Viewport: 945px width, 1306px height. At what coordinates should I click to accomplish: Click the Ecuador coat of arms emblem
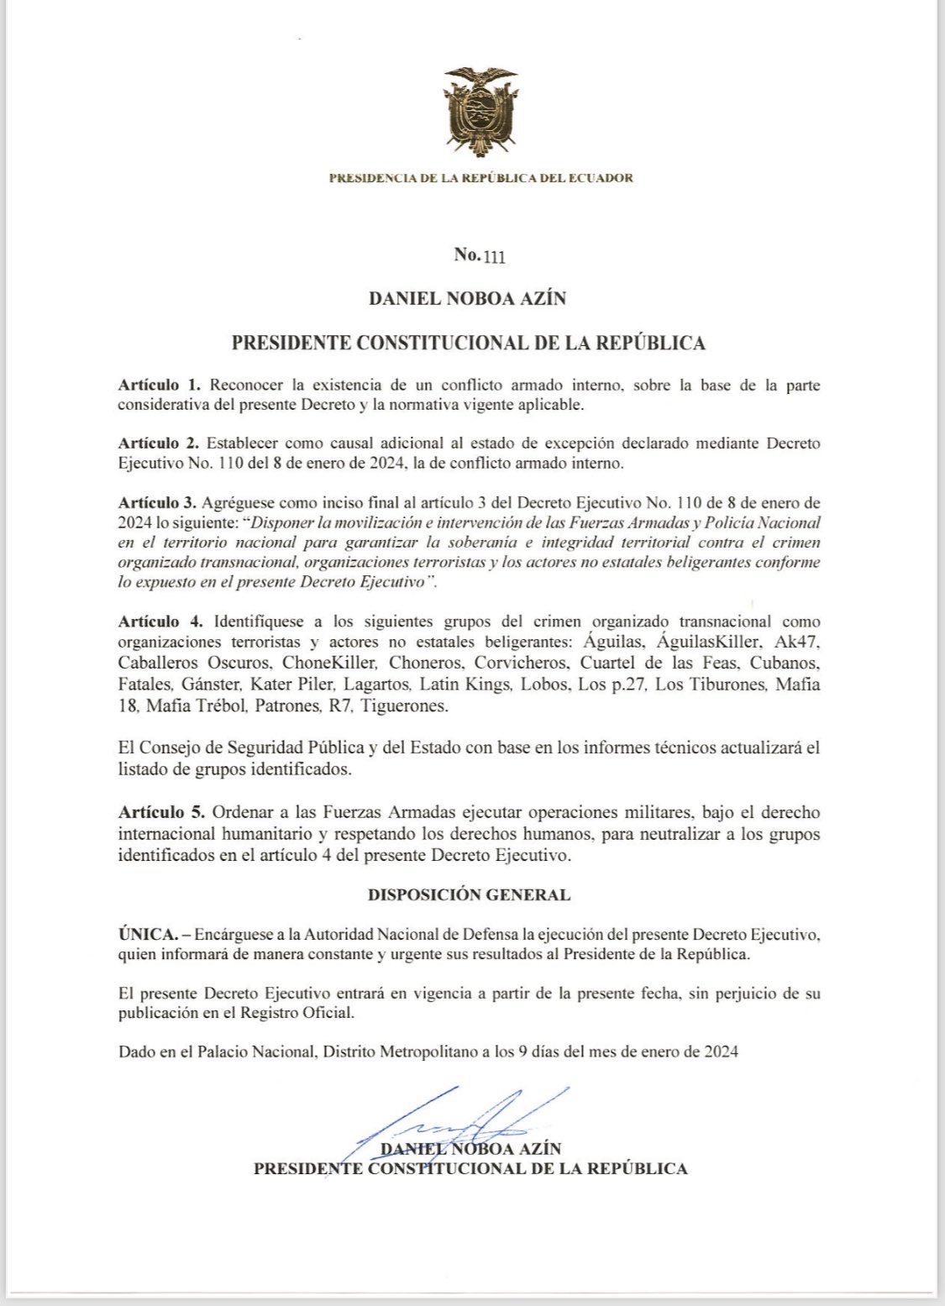click(x=480, y=111)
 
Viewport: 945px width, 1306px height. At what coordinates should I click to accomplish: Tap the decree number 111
click(x=493, y=256)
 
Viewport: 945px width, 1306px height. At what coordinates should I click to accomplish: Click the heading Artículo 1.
click(x=159, y=386)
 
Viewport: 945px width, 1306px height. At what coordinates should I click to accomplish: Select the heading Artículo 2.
click(x=158, y=443)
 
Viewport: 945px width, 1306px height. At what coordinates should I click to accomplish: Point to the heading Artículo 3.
click(x=157, y=503)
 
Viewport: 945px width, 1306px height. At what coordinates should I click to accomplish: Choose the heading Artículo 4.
click(x=160, y=622)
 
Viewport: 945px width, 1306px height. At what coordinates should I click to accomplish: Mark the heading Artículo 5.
click(x=160, y=812)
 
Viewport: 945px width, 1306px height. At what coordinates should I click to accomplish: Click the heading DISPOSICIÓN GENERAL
click(x=469, y=894)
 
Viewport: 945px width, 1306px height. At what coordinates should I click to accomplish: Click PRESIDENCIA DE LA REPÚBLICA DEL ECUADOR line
click(x=480, y=178)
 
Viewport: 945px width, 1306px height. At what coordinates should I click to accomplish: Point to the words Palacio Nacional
click(x=256, y=1052)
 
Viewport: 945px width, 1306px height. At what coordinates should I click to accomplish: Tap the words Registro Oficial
click(x=297, y=1013)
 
